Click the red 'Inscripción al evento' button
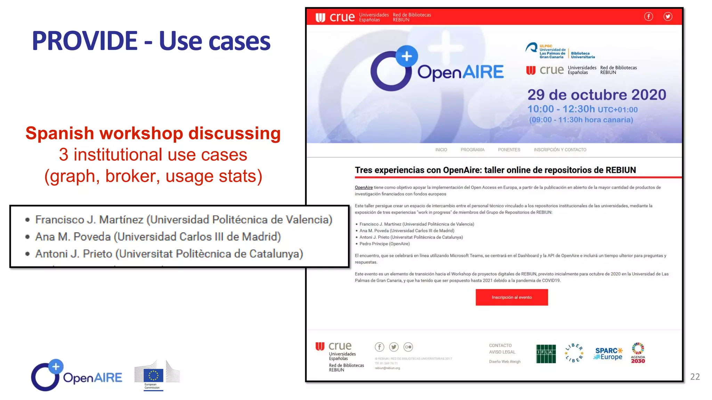[511, 297]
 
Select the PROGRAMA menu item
[472, 150]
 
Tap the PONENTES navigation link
[509, 150]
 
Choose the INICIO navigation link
[441, 150]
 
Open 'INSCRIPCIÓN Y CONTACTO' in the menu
[560, 150]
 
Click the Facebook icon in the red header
[648, 16]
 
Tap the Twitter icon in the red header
[668, 16]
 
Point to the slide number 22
[695, 377]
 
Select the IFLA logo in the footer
[546, 354]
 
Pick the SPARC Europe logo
[609, 354]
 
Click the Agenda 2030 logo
[638, 353]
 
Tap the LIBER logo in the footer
[574, 353]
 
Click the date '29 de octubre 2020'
[597, 95]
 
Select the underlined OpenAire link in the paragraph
[364, 187]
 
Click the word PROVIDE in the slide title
[84, 41]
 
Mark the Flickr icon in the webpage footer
[408, 347]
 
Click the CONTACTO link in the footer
[500, 345]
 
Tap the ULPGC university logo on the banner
[560, 51]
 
